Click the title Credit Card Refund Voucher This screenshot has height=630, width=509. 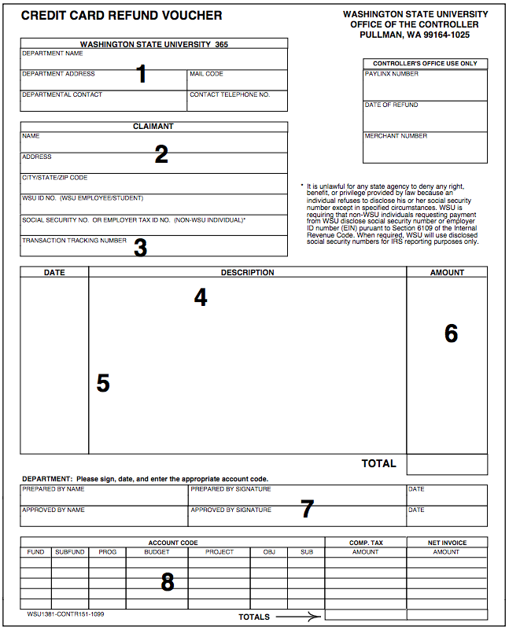pyautogui.click(x=121, y=16)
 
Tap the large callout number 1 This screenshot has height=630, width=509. pyautogui.click(x=142, y=74)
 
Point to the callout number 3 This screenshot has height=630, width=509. pyautogui.click(x=140, y=248)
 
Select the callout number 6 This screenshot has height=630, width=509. pyautogui.click(x=451, y=333)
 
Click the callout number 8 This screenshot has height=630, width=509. pyautogui.click(x=167, y=582)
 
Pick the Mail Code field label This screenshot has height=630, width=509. pyautogui.click(x=206, y=74)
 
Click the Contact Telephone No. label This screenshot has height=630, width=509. pyautogui.click(x=229, y=94)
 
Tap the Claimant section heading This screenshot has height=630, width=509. pyautogui.click(x=153, y=126)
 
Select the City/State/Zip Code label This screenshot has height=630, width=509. pyautogui.click(x=54, y=178)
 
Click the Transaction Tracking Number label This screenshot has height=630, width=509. pyautogui.click(x=74, y=241)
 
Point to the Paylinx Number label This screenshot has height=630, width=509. pyautogui.click(x=392, y=74)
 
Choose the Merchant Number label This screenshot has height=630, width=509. pyautogui.click(x=395, y=136)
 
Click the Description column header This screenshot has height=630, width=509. pyautogui.click(x=247, y=273)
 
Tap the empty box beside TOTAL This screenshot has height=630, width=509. pyautogui.click(x=447, y=464)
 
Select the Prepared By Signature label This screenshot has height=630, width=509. pyautogui.click(x=231, y=489)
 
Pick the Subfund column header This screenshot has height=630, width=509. pyautogui.click(x=69, y=552)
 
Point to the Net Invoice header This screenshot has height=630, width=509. pyautogui.click(x=446, y=542)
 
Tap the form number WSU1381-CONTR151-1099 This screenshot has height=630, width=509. pyautogui.click(x=65, y=613)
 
